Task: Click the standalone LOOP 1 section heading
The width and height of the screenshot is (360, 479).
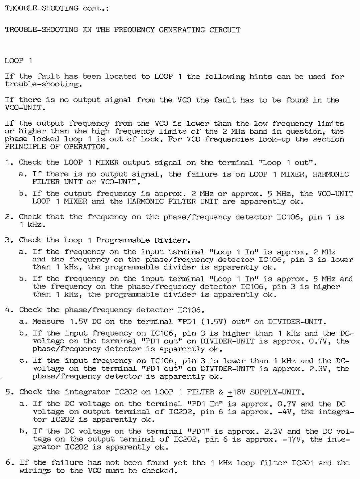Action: tap(19, 61)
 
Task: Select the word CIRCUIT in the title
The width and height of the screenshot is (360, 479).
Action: tap(225, 30)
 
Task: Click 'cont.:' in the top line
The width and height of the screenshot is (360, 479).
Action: tap(96, 8)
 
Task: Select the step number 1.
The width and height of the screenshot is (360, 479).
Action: tap(9, 163)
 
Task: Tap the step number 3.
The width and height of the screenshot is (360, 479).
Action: tap(9, 240)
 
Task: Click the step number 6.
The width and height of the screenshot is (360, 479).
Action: tap(9, 463)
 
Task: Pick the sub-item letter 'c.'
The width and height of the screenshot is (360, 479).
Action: tap(23, 361)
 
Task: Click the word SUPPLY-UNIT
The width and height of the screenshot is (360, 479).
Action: tap(276, 392)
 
